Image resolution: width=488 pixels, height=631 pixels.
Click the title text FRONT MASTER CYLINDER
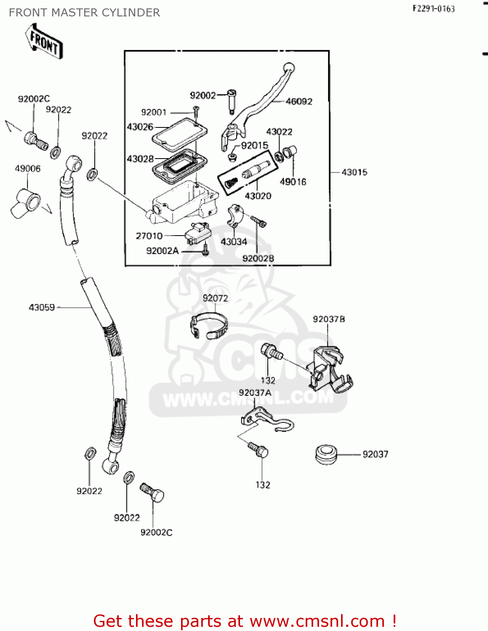pos(84,13)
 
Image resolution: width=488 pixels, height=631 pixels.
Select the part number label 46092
pos(299,101)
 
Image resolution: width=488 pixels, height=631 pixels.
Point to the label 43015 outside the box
pos(354,172)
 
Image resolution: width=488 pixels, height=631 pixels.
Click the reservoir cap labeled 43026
pos(179,132)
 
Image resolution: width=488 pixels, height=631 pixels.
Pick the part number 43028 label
pos(140,159)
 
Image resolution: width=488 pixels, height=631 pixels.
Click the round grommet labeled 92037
pos(326,454)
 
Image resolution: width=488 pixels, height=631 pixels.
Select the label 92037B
pos(329,319)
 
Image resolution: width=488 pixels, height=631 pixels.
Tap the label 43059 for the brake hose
pos(42,308)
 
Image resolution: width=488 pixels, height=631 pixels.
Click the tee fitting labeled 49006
pos(26,202)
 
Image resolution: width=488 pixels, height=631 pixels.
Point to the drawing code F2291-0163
pos(433,9)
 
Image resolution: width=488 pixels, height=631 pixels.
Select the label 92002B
pos(258,258)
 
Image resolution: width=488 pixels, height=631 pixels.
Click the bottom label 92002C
pos(156,533)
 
